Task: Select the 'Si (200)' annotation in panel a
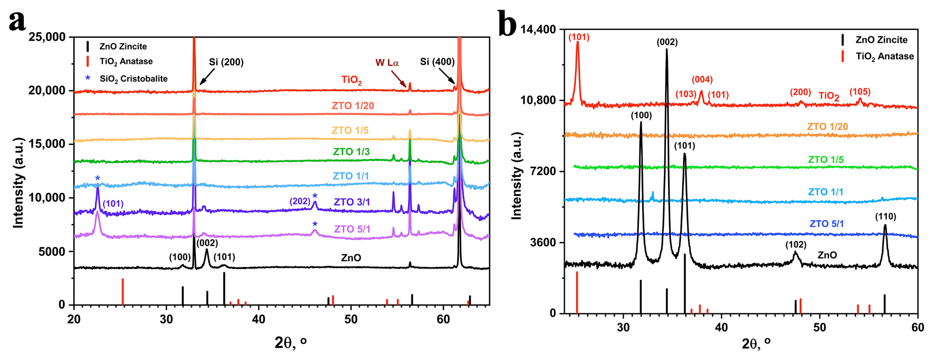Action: click(x=226, y=62)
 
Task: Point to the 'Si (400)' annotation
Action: click(x=437, y=62)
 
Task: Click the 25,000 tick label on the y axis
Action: click(x=47, y=37)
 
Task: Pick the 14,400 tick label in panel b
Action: click(x=538, y=29)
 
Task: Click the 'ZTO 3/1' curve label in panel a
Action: click(x=352, y=202)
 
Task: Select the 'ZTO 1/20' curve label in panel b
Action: click(x=827, y=127)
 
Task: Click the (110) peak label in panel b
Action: click(x=886, y=217)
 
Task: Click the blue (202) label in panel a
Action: click(x=299, y=201)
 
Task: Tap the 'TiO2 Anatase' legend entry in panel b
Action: click(x=884, y=56)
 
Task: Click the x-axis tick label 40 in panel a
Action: click(x=258, y=319)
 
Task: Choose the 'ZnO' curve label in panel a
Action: click(x=351, y=258)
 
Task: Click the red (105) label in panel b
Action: click(x=860, y=92)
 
